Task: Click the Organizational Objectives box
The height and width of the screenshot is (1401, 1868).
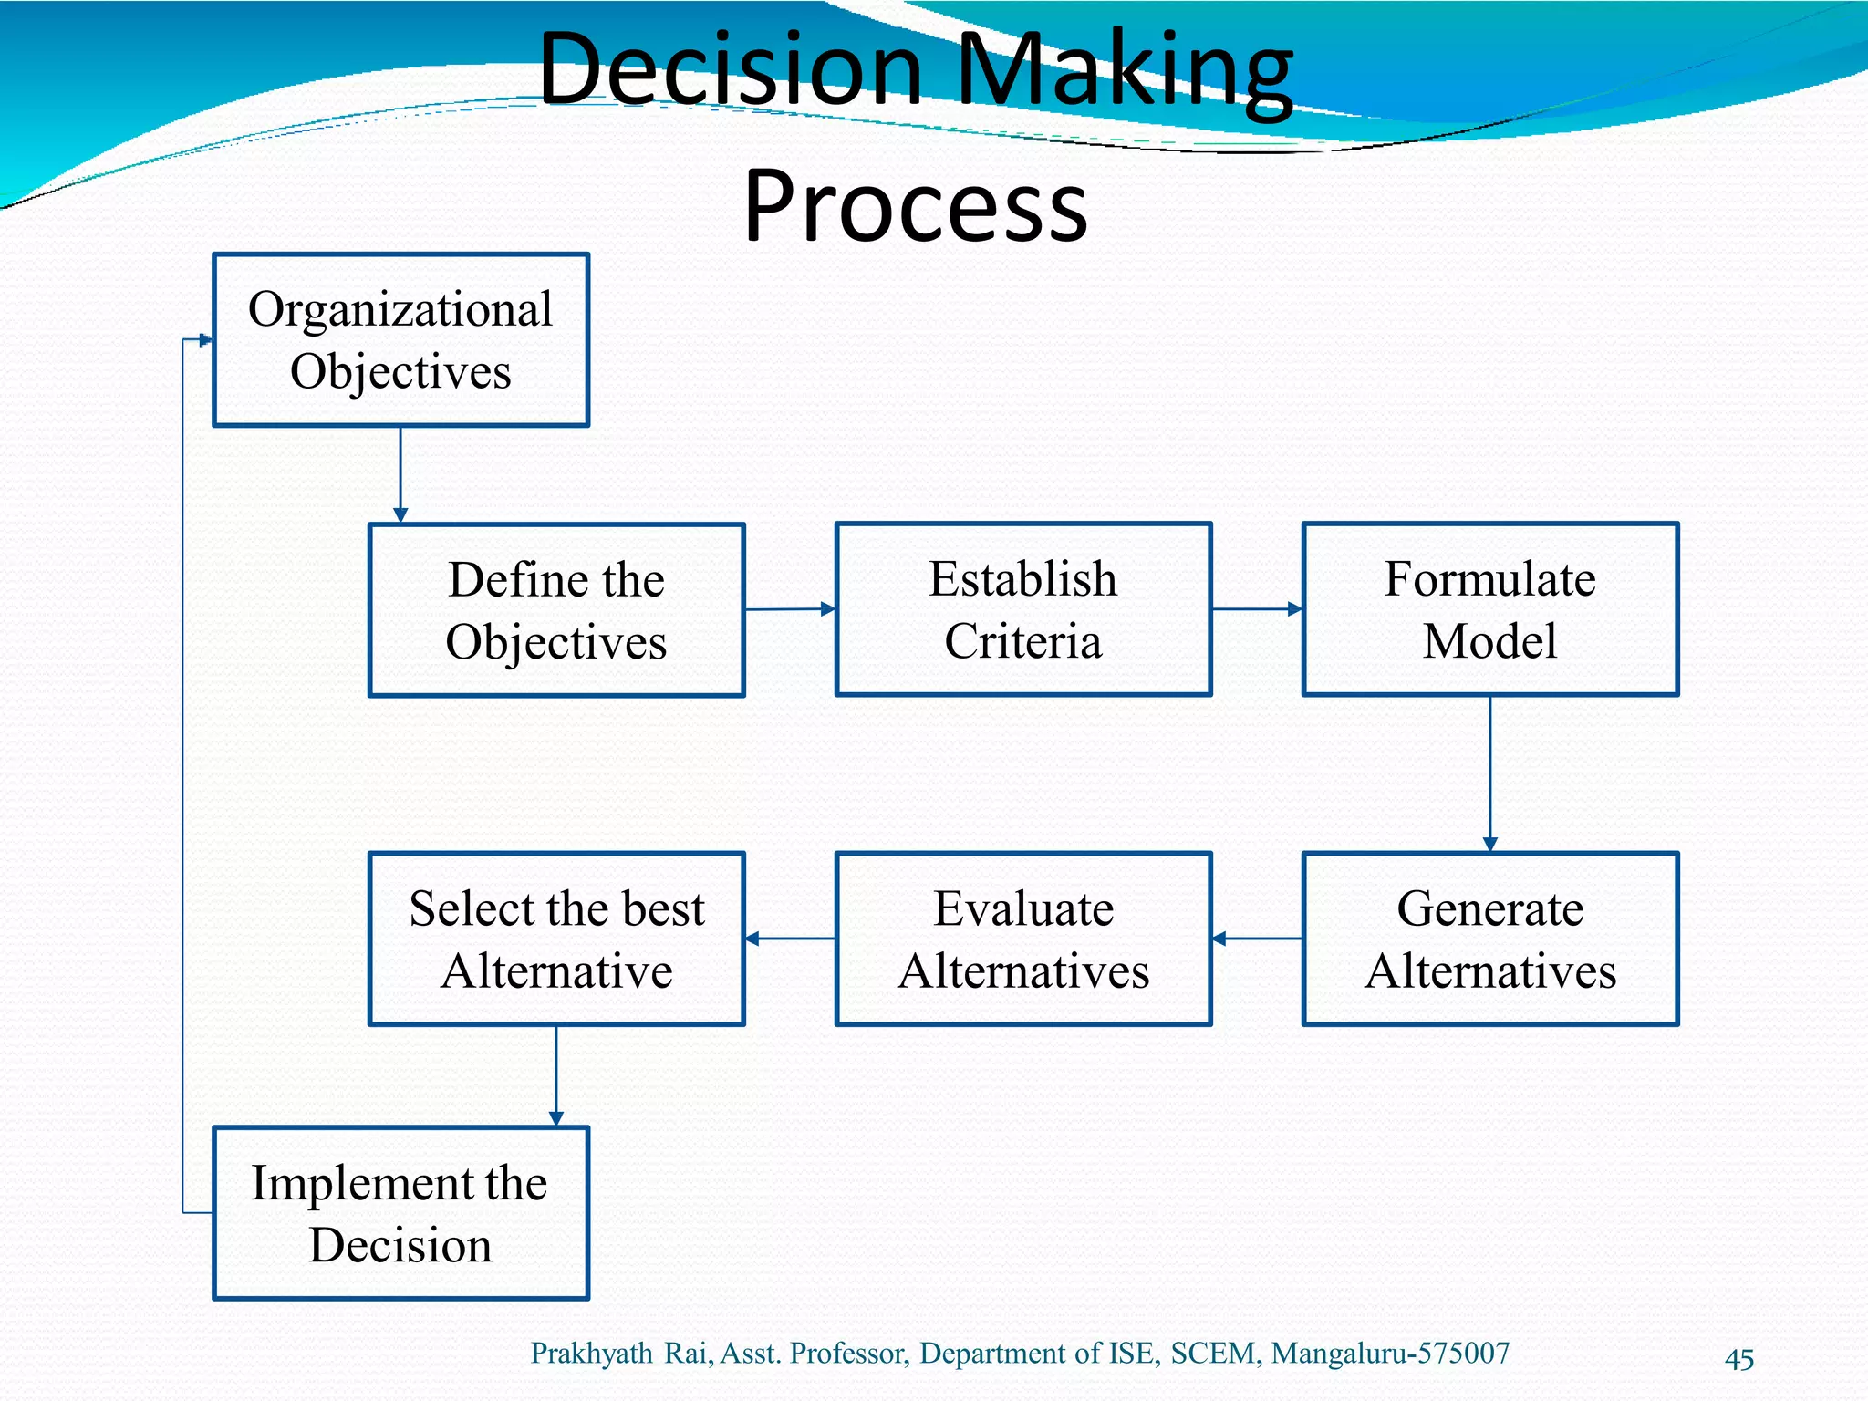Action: [400, 340]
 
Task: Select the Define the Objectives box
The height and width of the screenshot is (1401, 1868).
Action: [556, 610]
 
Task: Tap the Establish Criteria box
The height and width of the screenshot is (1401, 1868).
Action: [1023, 609]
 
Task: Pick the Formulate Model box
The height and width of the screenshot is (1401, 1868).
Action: [1489, 609]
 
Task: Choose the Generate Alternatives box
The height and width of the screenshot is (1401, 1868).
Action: [1489, 939]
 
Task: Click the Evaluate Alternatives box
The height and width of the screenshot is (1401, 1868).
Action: [1023, 939]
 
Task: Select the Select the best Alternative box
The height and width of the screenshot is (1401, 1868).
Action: [556, 939]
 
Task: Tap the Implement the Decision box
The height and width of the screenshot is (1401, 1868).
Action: [400, 1213]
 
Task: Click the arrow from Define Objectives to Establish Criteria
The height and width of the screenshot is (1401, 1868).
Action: [790, 609]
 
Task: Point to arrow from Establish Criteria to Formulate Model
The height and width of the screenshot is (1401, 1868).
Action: [1257, 609]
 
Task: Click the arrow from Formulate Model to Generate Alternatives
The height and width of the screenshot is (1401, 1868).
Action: [1490, 773]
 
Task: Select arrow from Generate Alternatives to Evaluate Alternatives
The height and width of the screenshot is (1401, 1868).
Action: [1257, 939]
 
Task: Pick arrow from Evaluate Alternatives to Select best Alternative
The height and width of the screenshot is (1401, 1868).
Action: [790, 939]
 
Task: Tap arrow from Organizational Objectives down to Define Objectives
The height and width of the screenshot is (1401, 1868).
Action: [400, 474]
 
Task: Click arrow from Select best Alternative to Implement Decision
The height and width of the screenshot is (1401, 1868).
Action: [556, 1076]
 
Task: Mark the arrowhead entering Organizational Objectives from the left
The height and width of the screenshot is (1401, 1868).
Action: [206, 340]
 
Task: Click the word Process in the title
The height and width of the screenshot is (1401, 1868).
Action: [915, 205]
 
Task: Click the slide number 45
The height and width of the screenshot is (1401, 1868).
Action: [1738, 1359]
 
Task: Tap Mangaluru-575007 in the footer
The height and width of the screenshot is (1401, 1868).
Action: [1390, 1353]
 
